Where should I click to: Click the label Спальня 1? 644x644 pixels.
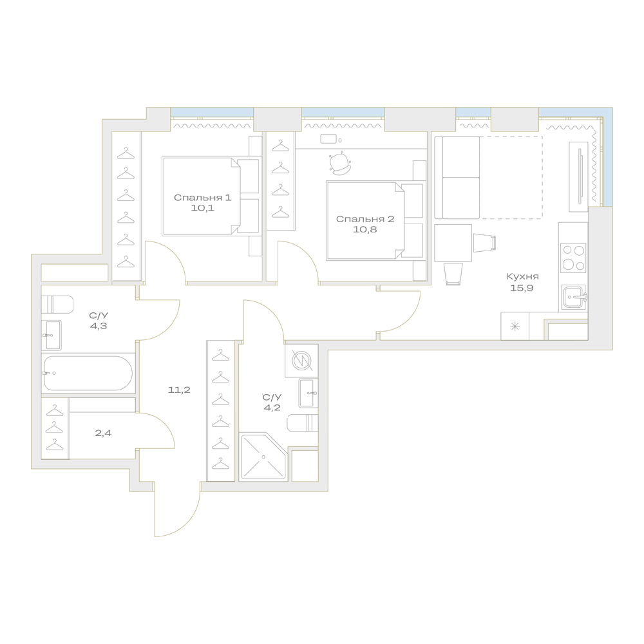pyautogui.click(x=202, y=198)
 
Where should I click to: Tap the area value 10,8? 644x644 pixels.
pyautogui.click(x=365, y=230)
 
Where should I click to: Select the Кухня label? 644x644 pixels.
pyautogui.click(x=522, y=277)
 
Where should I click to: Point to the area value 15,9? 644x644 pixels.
pyautogui.click(x=522, y=288)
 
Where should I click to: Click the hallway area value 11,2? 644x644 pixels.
pyautogui.click(x=179, y=390)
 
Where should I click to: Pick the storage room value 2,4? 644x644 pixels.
pyautogui.click(x=103, y=433)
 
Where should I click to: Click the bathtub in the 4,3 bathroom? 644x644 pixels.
pyautogui.click(x=88, y=373)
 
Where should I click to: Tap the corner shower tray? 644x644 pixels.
pyautogui.click(x=263, y=457)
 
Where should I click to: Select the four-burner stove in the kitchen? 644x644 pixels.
pyautogui.click(x=573, y=258)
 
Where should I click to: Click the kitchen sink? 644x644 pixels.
pyautogui.click(x=574, y=296)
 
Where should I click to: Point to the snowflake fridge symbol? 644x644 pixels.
pyautogui.click(x=515, y=327)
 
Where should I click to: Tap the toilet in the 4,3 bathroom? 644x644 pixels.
pyautogui.click(x=57, y=305)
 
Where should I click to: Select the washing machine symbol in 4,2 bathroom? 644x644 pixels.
pyautogui.click(x=301, y=361)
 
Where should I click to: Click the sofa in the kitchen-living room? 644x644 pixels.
pyautogui.click(x=457, y=177)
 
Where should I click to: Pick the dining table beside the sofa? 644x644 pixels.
pyautogui.click(x=453, y=243)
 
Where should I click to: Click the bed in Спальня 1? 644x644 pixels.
pyautogui.click(x=212, y=196)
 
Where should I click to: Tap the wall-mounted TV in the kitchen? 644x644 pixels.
pyautogui.click(x=580, y=176)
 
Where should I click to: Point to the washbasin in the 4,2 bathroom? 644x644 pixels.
pyautogui.click(x=308, y=393)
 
